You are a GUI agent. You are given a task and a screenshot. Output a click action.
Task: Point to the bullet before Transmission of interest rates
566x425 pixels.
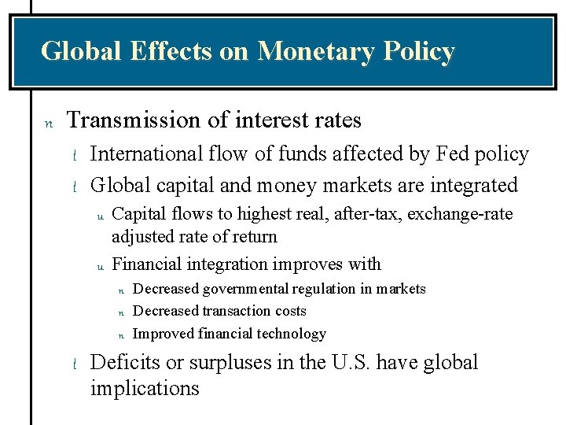coord(47,123)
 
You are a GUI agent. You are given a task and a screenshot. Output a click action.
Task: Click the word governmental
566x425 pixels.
coord(244,289)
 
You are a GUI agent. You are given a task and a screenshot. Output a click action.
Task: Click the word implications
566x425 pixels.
coord(145,389)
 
